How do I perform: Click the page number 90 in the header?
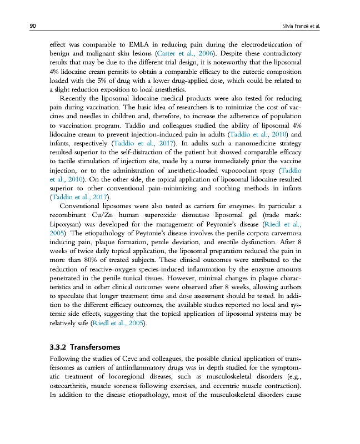33,26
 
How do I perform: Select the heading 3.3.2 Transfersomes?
85,347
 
